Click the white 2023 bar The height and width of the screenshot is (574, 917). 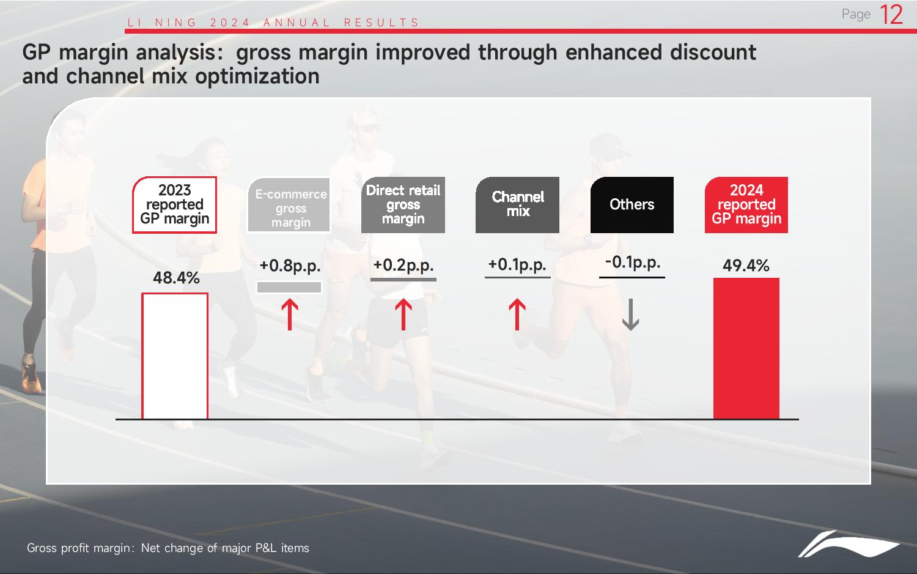click(175, 356)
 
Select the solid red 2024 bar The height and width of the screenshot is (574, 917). click(746, 348)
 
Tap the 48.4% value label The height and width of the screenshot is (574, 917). click(176, 278)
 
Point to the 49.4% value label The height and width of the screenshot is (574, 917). click(746, 266)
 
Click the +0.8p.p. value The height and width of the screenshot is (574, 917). click(290, 266)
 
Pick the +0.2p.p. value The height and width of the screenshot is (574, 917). click(403, 265)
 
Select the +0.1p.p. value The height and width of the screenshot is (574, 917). click(517, 265)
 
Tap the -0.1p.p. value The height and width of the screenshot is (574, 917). click(633, 262)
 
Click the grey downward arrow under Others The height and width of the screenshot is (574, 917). click(630, 315)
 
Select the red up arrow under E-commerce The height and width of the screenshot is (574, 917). click(290, 315)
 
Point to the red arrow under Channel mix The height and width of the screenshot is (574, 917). click(517, 315)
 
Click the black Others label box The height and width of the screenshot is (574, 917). click(632, 205)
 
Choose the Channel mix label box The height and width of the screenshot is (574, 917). click(517, 205)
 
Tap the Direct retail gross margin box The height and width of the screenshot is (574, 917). click(403, 205)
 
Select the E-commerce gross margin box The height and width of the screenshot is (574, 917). click(289, 205)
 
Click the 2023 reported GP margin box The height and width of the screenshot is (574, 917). click(174, 205)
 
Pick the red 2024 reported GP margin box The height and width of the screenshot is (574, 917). click(746, 205)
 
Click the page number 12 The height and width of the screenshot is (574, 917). click(891, 15)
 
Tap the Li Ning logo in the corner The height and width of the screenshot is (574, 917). click(849, 544)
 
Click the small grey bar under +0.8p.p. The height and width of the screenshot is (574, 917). click(289, 287)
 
